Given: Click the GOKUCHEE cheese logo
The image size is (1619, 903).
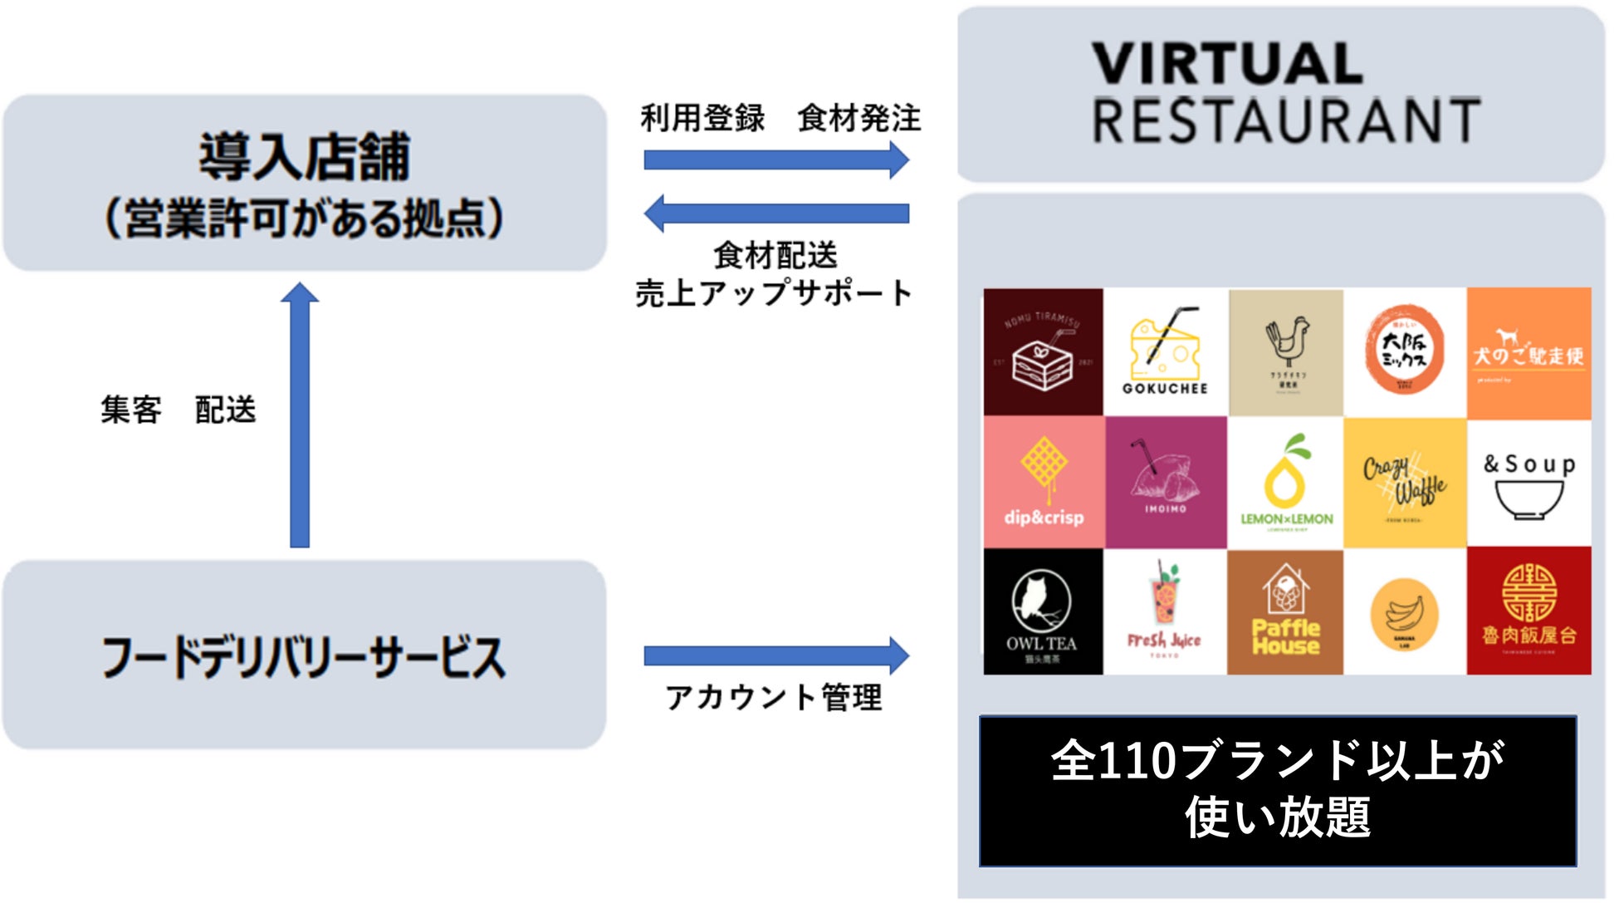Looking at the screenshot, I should coord(1165,352).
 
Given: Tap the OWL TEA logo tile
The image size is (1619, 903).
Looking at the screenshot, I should coord(1043,611).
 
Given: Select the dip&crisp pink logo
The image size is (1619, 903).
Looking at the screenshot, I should coord(1044,482).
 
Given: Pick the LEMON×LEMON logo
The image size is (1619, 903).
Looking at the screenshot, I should coord(1285,482).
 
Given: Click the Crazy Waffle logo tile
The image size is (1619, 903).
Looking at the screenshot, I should coord(1405,482).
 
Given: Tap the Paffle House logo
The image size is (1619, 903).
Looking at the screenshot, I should coord(1285,611).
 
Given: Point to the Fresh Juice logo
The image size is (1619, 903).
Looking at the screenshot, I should coord(1165,611).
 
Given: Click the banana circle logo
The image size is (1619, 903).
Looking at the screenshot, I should coord(1405,613).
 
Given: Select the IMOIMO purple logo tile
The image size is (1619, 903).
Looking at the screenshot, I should coord(1166,482).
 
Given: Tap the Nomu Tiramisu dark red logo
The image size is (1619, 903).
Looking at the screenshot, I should coord(1043,352).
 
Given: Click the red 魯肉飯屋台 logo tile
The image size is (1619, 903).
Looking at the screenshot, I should coord(1529,611).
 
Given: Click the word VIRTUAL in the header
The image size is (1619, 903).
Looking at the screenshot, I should coord(1227,63).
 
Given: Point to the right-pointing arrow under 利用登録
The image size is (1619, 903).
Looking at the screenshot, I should coord(776,159).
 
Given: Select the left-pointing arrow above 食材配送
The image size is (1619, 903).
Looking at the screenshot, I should coord(776,213).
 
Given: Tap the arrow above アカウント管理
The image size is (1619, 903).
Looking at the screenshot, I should coord(776,656).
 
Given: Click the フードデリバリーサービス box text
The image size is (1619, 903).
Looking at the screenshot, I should coord(304,657).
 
